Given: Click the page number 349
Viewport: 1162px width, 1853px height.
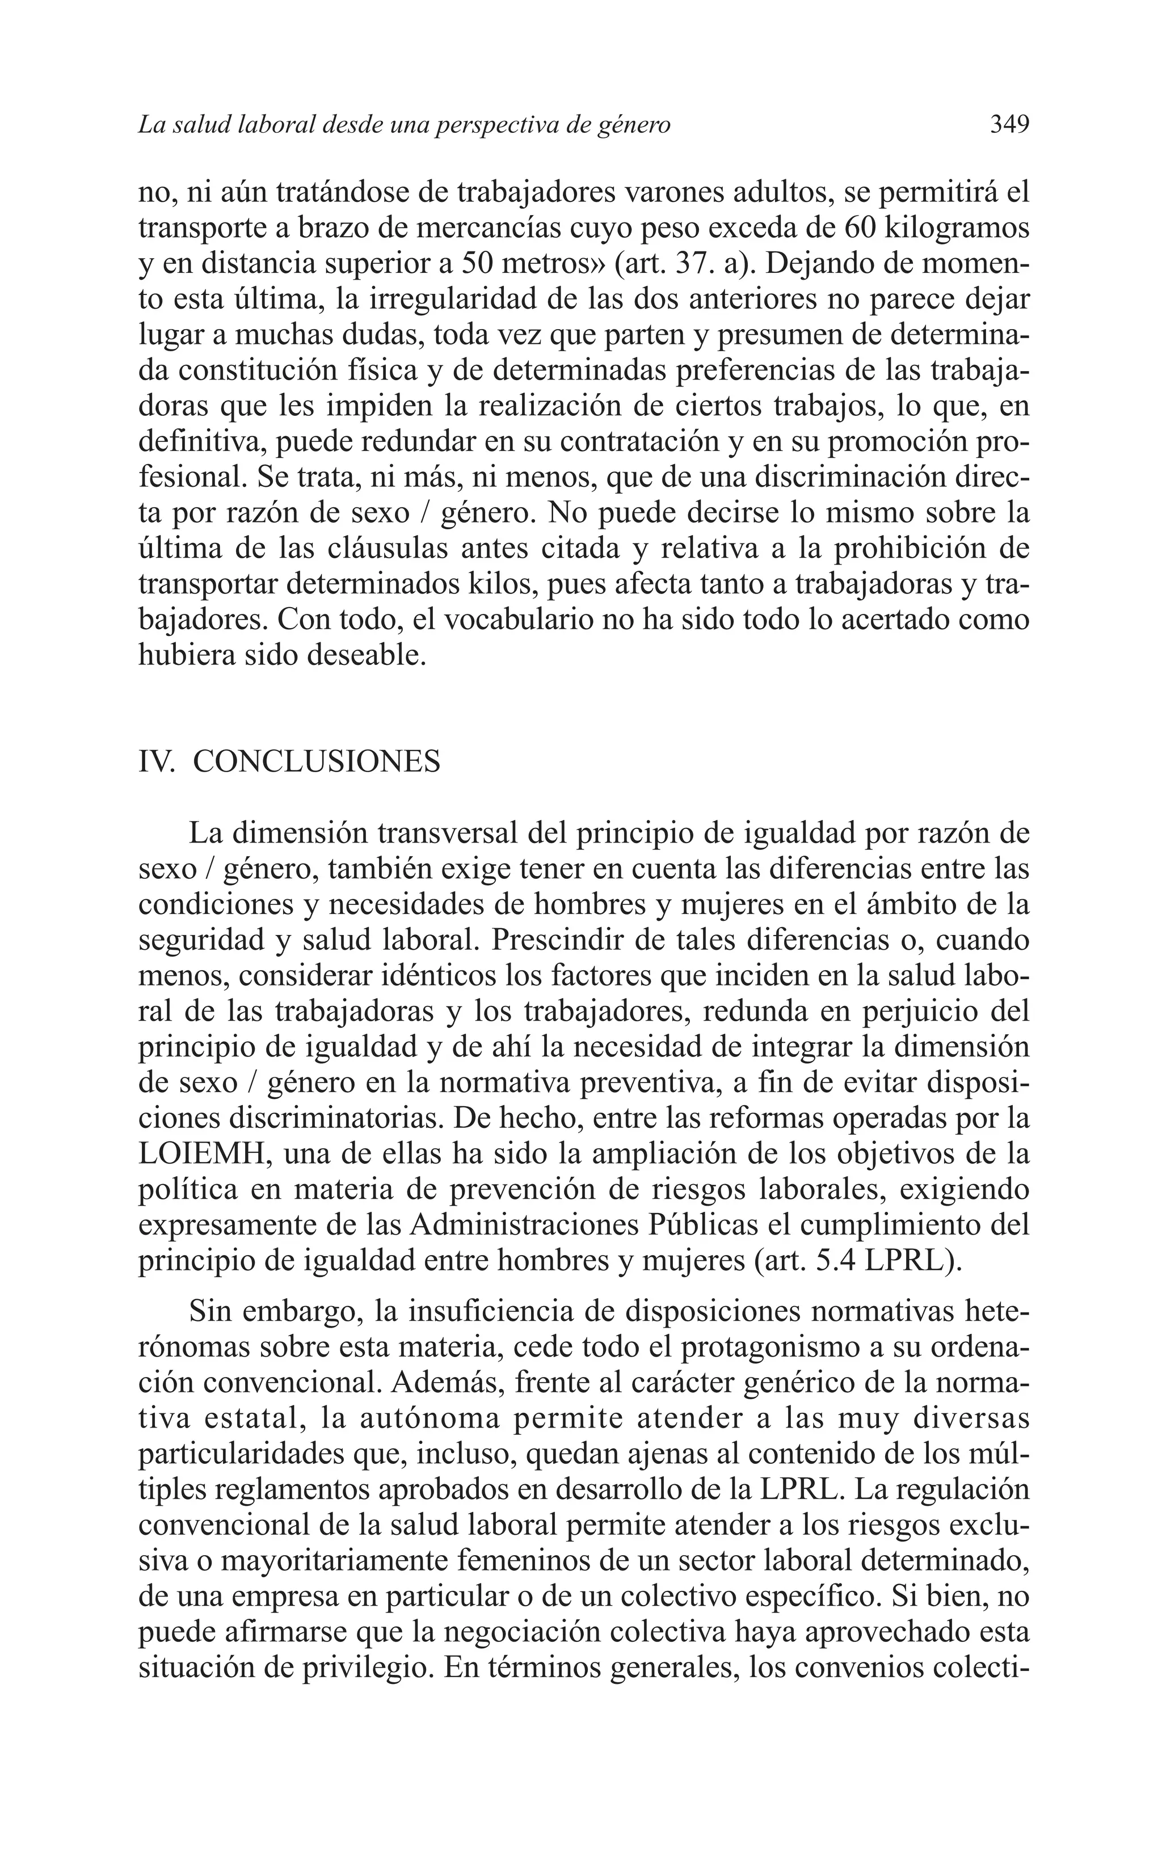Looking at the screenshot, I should pyautogui.click(x=1009, y=124).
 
